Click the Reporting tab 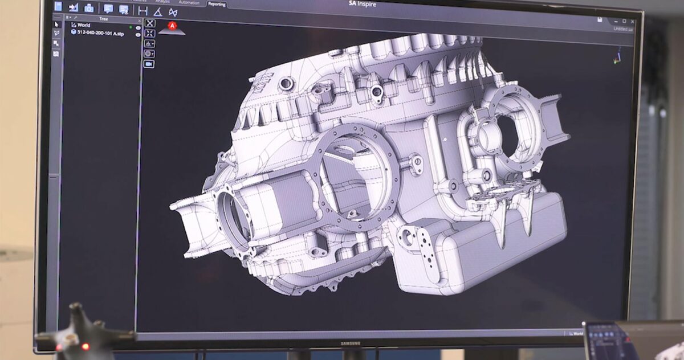[x=216, y=4]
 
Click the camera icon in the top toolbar [x=89, y=8]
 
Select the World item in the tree [x=84, y=25]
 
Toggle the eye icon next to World [x=138, y=27]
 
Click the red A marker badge [x=172, y=26]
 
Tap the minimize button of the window [x=614, y=21]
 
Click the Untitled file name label [x=622, y=28]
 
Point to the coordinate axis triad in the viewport [x=618, y=56]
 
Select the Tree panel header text [x=103, y=19]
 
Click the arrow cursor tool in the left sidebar [x=56, y=24]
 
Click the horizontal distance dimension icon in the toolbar [x=142, y=10]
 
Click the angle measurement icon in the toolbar [x=158, y=11]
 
